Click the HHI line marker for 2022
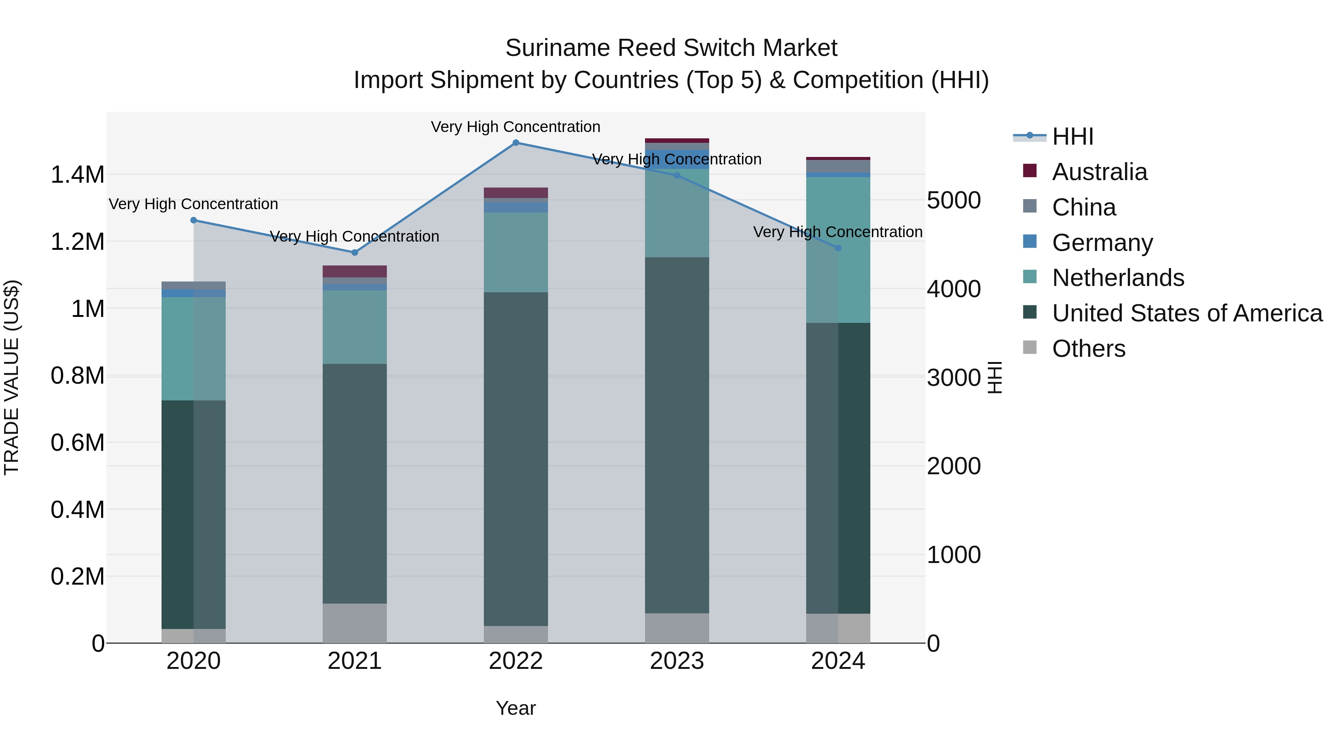coord(516,143)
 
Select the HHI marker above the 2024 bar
coord(838,248)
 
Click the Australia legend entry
coord(1099,172)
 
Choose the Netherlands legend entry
coord(1117,278)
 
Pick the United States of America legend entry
coord(1187,313)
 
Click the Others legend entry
coord(1088,349)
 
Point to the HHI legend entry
coord(1072,136)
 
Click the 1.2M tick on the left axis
coord(77,242)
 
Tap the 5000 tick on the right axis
coord(954,201)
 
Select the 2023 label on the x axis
coord(677,661)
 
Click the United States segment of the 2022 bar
coord(516,459)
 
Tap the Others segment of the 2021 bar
coord(354,623)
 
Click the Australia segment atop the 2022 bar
coord(516,192)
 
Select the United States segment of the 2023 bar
coord(677,435)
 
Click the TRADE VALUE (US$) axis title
coord(12,377)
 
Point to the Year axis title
coord(516,708)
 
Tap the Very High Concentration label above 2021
coord(354,236)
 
